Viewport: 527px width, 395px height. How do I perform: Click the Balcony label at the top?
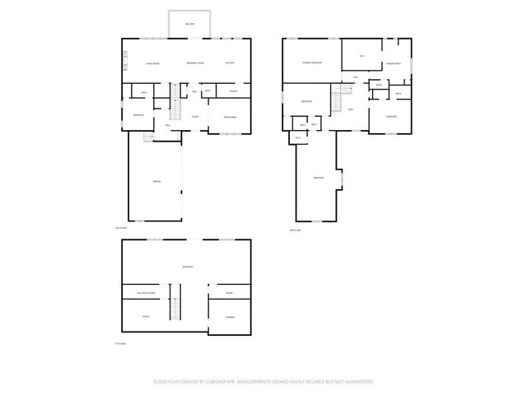189,24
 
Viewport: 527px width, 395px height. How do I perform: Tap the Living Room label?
152,63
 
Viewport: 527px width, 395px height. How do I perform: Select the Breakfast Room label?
195,63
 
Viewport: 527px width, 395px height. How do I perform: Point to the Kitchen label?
230,63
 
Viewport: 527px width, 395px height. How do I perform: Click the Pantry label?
233,91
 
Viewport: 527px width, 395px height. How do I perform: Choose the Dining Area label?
230,116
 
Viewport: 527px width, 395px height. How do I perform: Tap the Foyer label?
195,116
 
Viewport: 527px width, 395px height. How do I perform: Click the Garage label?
156,181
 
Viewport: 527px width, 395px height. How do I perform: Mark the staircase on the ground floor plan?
175,110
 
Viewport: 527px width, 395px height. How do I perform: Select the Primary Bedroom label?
311,63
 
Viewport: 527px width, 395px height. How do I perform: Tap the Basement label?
188,267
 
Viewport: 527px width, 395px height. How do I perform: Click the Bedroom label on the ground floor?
138,115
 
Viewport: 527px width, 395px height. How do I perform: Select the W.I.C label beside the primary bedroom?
361,56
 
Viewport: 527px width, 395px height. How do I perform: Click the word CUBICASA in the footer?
237,382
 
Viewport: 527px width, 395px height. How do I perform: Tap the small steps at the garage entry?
148,138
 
